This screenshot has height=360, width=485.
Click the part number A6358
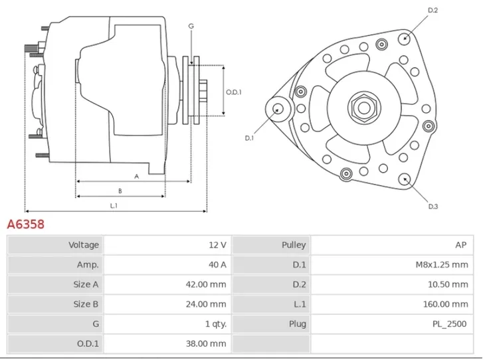point(26,225)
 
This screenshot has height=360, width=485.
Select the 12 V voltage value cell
point(218,245)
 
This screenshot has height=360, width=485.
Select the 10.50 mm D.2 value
point(449,284)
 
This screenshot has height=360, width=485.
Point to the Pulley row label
point(294,245)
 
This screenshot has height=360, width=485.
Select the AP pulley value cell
point(461,245)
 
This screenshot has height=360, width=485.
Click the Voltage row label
point(84,245)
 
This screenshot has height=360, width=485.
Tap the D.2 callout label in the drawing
point(433,10)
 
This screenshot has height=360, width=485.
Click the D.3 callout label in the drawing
point(433,207)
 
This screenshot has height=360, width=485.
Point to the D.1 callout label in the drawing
point(249,138)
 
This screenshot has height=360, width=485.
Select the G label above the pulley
point(191,26)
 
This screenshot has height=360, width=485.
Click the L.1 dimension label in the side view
point(114,206)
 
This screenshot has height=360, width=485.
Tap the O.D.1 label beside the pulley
point(233,92)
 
